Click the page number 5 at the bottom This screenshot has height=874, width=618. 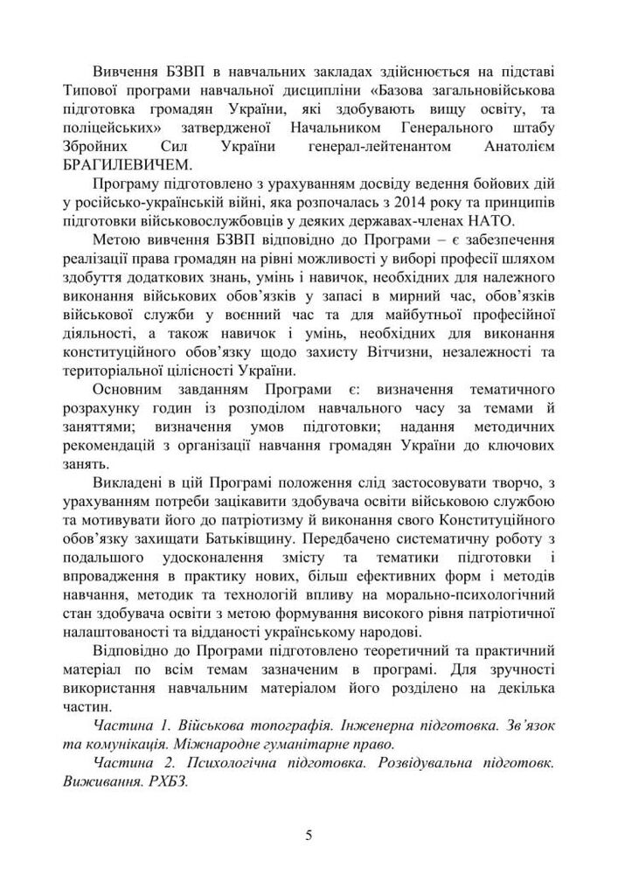pos(309,836)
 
